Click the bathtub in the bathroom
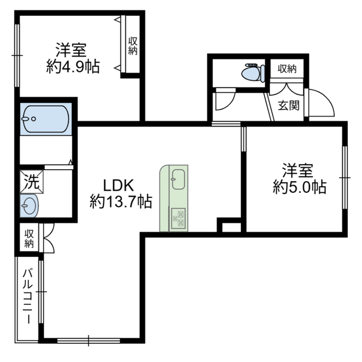click(45, 119)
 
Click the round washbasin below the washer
click(29, 205)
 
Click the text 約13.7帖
click(121, 201)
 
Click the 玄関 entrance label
click(288, 105)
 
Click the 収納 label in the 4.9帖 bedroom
click(133, 46)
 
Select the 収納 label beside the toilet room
click(287, 69)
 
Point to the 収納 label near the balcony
click(28, 238)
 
